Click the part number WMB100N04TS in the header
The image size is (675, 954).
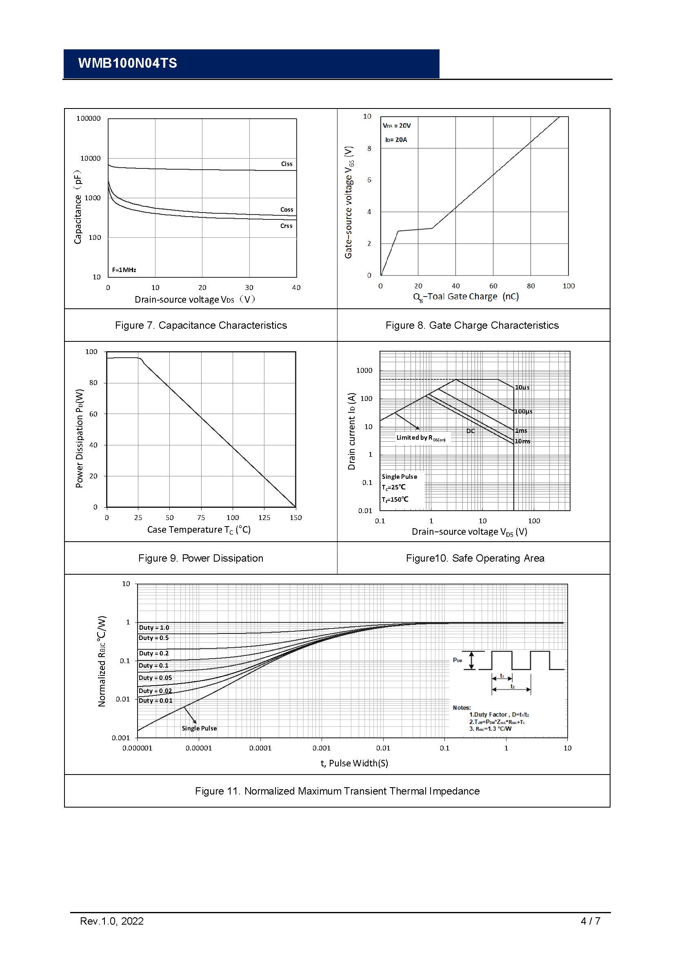[x=127, y=63]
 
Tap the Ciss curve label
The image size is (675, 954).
[x=286, y=164]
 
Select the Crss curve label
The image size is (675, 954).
[x=286, y=226]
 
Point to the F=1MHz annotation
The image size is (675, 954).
[x=124, y=270]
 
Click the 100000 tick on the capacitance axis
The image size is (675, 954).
[x=88, y=118]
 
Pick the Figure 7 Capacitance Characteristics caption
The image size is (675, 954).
[x=201, y=325]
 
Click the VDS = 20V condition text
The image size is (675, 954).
[x=397, y=126]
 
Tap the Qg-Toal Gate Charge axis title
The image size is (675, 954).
[x=466, y=297]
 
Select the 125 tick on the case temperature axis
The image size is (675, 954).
[x=264, y=518]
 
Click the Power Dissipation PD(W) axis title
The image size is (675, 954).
[x=80, y=438]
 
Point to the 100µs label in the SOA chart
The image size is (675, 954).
[x=523, y=412]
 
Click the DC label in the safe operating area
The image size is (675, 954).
[x=470, y=431]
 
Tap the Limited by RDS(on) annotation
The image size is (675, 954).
[x=421, y=438]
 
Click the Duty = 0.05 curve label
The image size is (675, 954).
[x=155, y=678]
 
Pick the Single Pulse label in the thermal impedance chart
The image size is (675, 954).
[x=199, y=728]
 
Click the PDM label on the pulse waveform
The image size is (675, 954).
[x=457, y=660]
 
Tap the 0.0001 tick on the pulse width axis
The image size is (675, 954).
[x=260, y=748]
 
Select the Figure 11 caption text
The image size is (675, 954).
[x=337, y=791]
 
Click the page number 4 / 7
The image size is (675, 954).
[x=590, y=921]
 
